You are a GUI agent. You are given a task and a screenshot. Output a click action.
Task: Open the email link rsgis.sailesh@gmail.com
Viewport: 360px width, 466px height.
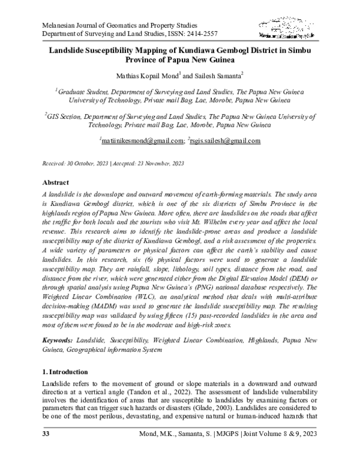click(224, 141)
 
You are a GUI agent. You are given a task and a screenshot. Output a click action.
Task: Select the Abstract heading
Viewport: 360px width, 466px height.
click(55, 182)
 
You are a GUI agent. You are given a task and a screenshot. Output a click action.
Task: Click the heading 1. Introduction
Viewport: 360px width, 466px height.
click(65, 372)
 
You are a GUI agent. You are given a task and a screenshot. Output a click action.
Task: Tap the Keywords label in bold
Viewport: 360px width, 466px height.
click(59, 340)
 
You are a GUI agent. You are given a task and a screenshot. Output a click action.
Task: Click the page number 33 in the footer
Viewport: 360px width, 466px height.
click(45, 450)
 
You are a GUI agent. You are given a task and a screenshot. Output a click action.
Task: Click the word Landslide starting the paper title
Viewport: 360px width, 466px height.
click(69, 51)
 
